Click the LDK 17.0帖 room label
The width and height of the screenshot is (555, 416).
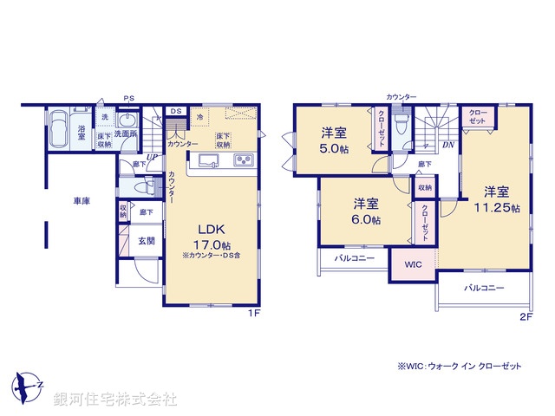(213, 235)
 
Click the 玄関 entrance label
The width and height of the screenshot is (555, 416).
(146, 240)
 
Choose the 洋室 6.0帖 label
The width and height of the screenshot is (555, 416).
(365, 211)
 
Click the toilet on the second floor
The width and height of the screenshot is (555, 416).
(400, 126)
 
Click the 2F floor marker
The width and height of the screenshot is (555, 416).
(525, 316)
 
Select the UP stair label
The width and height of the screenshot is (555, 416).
(152, 157)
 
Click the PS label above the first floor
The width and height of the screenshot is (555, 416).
(128, 97)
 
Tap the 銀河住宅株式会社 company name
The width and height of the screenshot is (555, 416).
(114, 399)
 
